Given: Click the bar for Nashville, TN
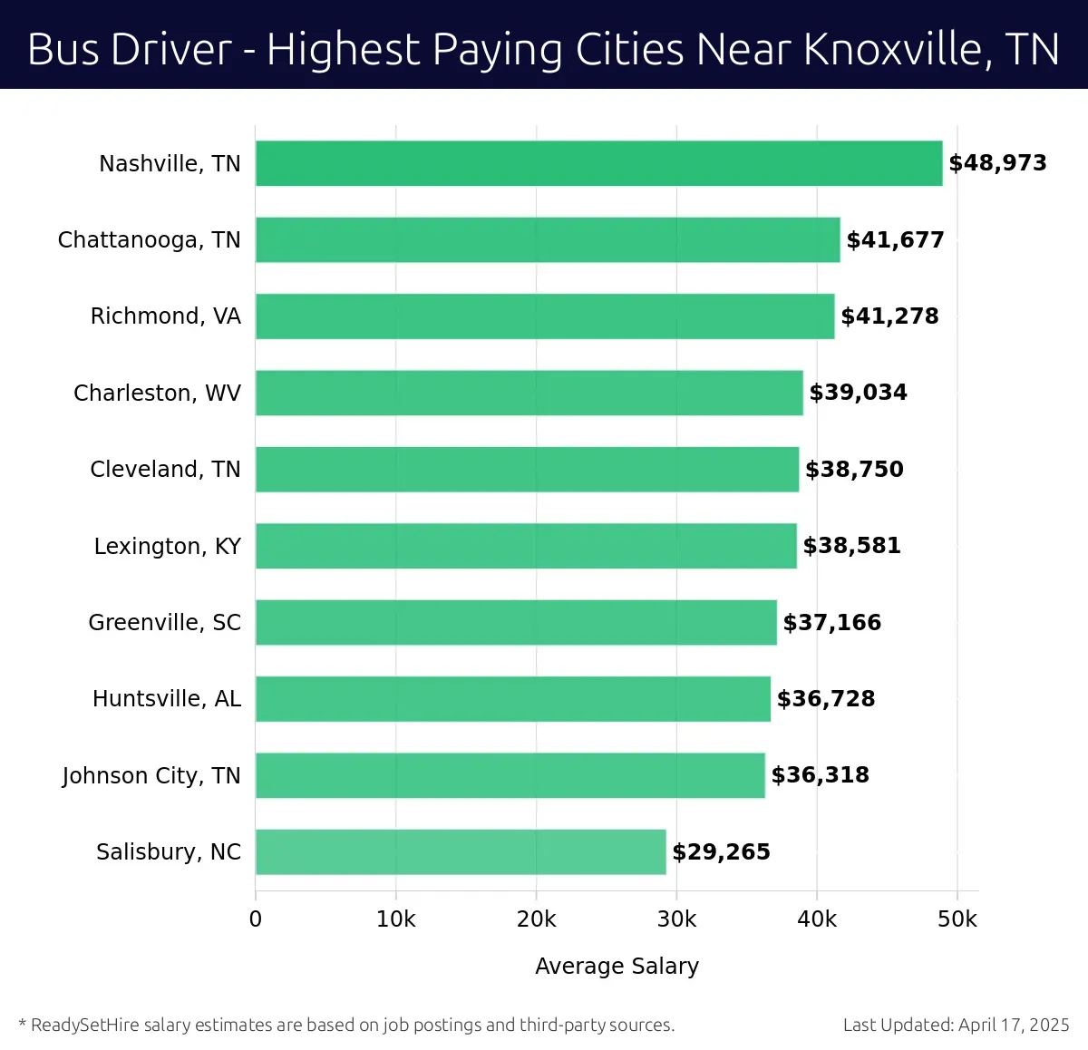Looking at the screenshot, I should click(598, 163).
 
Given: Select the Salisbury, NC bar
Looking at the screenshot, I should click(461, 851).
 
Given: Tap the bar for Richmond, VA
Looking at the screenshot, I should click(544, 316).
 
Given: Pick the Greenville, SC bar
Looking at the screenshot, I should click(516, 622).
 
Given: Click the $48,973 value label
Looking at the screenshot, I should click(997, 163).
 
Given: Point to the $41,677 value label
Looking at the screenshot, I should click(895, 240).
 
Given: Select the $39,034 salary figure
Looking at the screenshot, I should click(858, 393).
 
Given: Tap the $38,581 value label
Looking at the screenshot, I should click(851, 546).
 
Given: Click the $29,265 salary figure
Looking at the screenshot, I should click(721, 852).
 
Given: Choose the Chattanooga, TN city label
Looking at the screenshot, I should click(150, 240).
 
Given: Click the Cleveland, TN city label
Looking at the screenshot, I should click(165, 470).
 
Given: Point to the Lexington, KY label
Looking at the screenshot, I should click(168, 546).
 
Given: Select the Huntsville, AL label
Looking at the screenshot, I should click(167, 699).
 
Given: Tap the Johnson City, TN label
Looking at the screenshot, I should click(151, 776).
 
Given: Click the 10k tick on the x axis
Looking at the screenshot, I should click(395, 919).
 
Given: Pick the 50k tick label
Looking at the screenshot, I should click(957, 919).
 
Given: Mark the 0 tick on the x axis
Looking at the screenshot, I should click(256, 919).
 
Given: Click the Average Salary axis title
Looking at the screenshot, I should click(617, 966).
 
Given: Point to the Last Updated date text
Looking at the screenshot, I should click(956, 1025).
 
